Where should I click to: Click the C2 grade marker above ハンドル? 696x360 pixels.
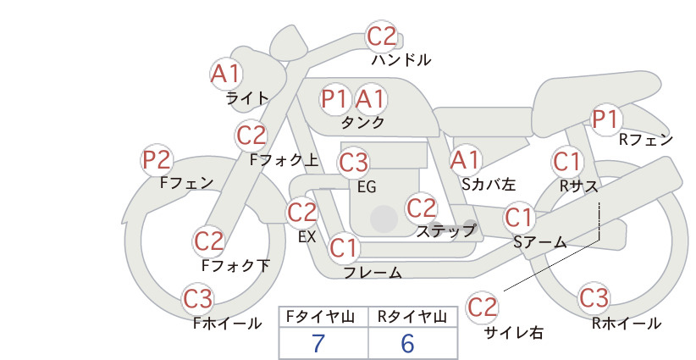382,36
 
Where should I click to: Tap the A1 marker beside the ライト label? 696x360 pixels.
226,74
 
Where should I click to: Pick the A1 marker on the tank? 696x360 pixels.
370,98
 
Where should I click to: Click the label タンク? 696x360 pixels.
362,123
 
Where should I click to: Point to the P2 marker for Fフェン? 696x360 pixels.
157,160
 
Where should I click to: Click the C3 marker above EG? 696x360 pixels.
354,163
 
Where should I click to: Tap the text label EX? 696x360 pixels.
307,237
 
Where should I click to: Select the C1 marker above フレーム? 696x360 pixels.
344,247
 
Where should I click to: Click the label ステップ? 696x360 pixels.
445,231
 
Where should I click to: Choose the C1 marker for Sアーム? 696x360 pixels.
519,218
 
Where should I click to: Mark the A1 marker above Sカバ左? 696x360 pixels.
465,160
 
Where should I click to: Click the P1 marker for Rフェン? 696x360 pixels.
606,119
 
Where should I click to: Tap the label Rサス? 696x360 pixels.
578,186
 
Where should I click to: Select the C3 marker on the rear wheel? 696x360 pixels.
594,297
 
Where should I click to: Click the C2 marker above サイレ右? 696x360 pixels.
482,307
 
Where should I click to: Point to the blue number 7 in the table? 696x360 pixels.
318,343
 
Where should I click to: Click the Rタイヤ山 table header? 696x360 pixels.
412,317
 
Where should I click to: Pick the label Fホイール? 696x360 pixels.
227,324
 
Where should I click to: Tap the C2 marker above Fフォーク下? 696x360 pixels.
209,241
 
